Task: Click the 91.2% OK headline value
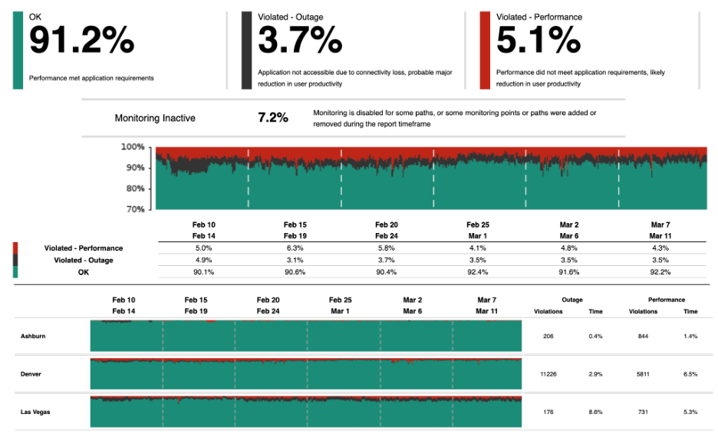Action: pos(81,41)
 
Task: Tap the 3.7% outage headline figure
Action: pos(299,41)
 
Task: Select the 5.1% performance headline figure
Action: pos(538,41)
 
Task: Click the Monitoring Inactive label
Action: pos(155,118)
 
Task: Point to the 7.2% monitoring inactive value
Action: pos(273,118)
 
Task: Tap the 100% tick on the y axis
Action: pos(133,146)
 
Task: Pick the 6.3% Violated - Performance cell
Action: pos(295,248)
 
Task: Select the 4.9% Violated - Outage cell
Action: pos(204,260)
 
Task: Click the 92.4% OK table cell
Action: pos(477,272)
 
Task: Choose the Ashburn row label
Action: pos(34,337)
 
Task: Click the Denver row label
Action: pos(31,374)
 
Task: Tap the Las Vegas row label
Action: pos(36,412)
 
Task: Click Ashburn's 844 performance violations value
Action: pos(643,337)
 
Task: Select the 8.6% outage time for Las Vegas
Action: pos(595,412)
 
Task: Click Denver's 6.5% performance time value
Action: pos(690,374)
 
